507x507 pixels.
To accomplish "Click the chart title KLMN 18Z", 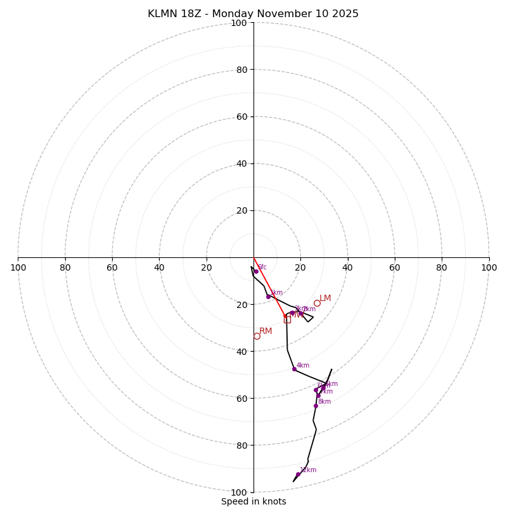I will point(253,14).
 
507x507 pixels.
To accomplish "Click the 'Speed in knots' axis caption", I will point(253,501).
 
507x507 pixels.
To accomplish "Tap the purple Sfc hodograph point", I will point(256,271).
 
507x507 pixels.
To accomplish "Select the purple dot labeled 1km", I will point(268,297).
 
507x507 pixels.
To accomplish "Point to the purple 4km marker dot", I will point(294,369).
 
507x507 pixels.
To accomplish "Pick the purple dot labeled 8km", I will point(316,406).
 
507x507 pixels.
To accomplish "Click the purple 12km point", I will point(298,474).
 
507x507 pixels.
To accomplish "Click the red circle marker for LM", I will point(317,303).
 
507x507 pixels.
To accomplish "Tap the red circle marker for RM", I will point(257,336).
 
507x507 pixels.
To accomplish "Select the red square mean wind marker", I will point(287,319).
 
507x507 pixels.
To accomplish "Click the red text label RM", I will point(266,331).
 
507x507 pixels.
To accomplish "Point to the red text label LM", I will point(325,298).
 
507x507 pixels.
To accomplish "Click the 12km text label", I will point(308,470).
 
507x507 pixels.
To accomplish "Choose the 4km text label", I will point(303,366).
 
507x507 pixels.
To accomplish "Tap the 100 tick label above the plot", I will point(239,23).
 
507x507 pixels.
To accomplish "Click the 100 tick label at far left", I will point(18,267).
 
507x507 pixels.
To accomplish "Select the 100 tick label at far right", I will point(489,267).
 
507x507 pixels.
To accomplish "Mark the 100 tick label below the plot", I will point(239,492).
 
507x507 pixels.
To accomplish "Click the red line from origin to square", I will point(270,288).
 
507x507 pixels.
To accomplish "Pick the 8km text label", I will point(324,402).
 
